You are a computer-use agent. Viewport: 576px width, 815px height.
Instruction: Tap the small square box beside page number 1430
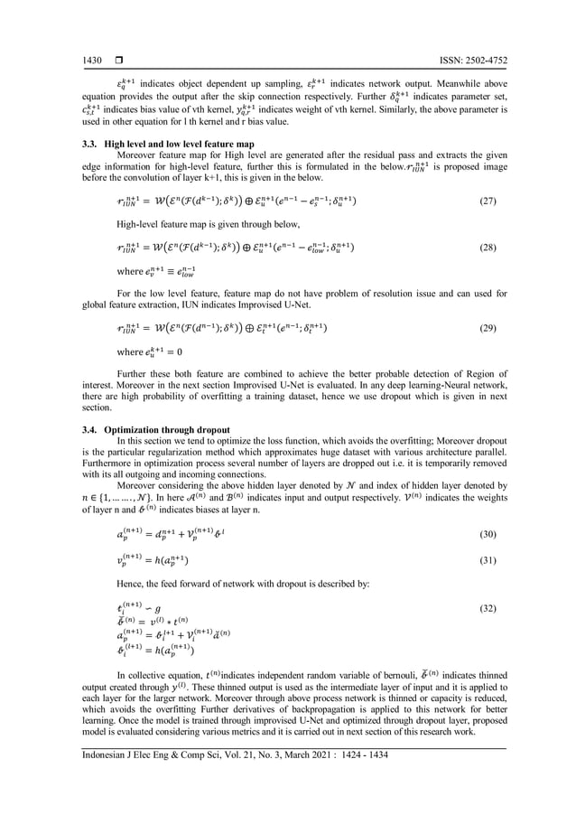coord(117,61)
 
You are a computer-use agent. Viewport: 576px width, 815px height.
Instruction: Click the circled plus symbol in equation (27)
coord(253,201)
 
